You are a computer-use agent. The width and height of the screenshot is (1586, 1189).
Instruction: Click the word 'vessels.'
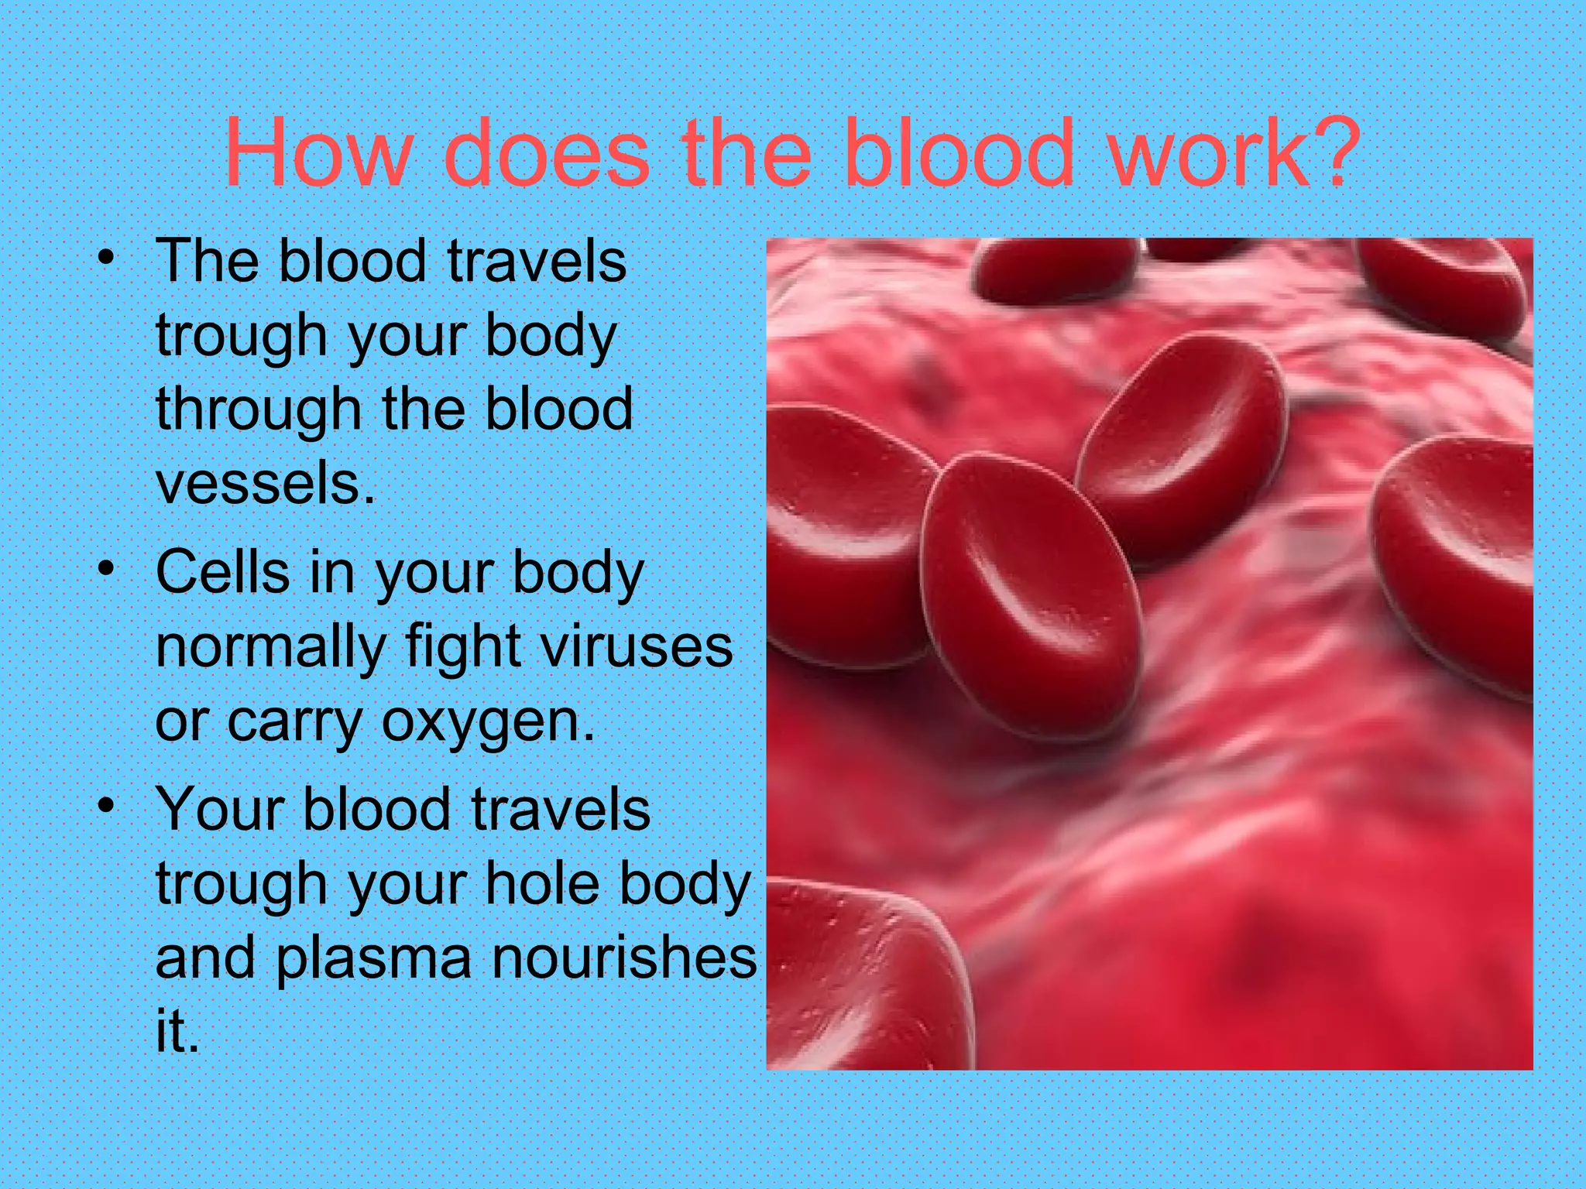tap(266, 484)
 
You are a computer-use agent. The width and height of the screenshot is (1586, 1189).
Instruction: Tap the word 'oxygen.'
tap(488, 721)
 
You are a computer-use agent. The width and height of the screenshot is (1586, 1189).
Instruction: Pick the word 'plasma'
tap(373, 958)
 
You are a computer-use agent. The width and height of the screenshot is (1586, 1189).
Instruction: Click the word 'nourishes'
tap(624, 958)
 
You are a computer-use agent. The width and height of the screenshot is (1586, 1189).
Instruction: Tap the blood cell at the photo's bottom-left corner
tap(860, 983)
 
